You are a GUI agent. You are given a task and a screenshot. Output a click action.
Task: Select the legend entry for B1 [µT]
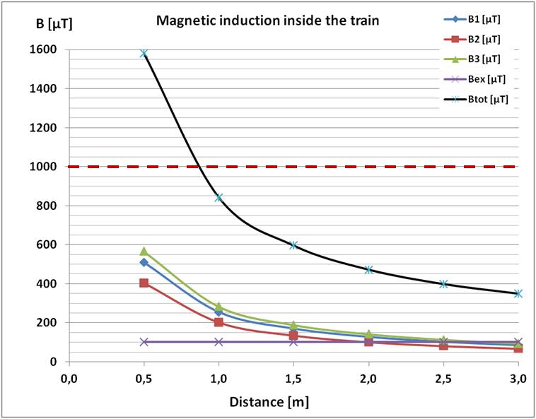[483, 20]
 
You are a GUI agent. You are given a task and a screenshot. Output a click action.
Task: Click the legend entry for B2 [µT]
[483, 40]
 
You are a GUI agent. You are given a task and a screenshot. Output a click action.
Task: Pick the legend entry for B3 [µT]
[483, 59]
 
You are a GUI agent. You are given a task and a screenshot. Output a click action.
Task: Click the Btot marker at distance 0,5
[144, 54]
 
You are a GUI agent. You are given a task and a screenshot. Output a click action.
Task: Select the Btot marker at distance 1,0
[219, 198]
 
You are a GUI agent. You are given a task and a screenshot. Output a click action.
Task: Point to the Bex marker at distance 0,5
[144, 342]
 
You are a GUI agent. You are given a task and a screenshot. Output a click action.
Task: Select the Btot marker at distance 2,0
[368, 269]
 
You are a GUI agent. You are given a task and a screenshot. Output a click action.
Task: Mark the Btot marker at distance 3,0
[518, 293]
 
